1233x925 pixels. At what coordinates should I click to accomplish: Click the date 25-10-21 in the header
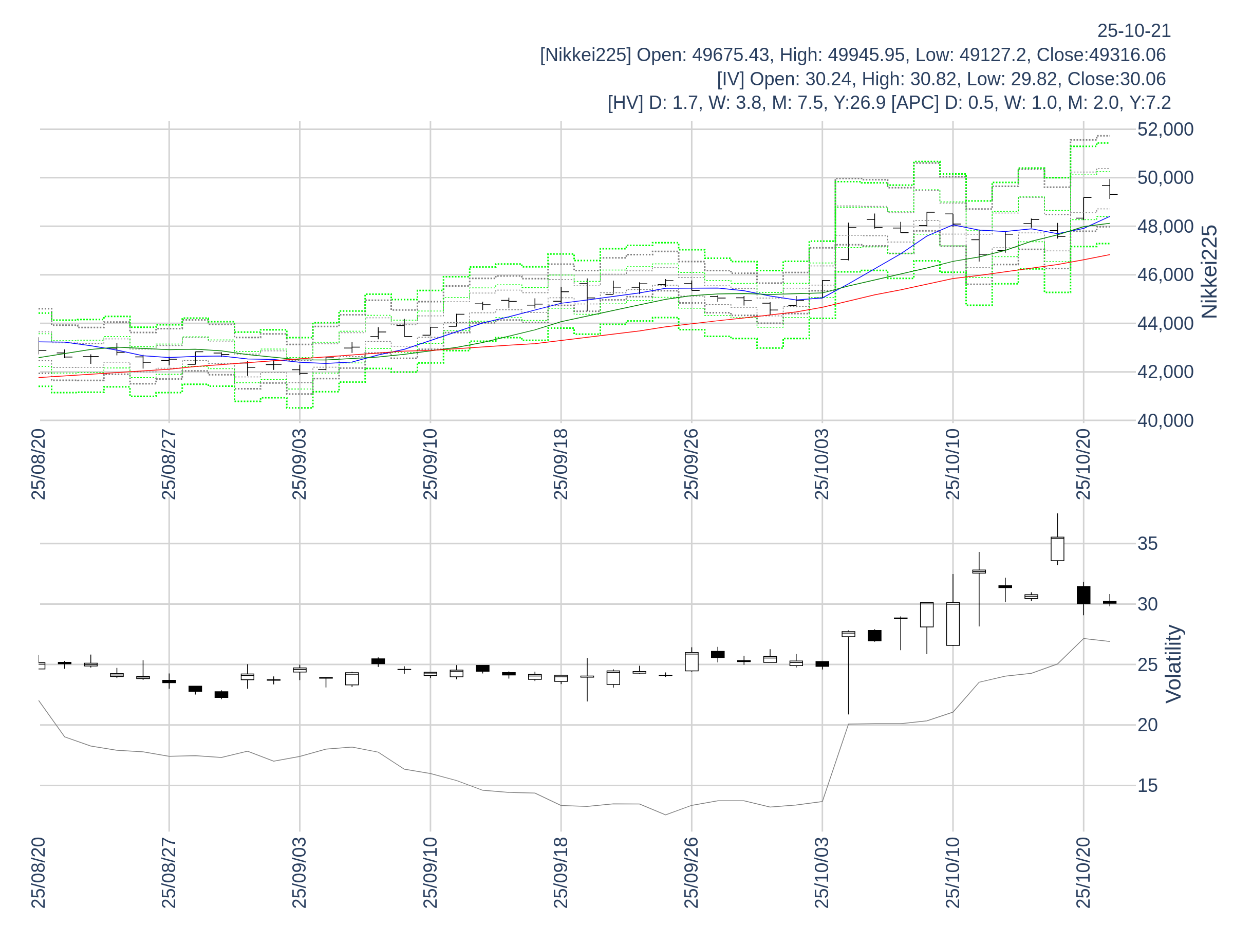1134,31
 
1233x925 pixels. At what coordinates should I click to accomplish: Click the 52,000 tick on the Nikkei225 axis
1165,129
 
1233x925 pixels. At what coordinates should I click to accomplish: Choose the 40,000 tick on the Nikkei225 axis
1165,421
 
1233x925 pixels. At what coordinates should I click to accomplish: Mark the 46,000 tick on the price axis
1165,275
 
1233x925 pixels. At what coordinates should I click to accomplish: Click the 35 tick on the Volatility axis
1147,544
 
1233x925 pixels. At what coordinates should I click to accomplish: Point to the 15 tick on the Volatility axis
1147,786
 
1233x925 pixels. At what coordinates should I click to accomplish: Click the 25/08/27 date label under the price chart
169,465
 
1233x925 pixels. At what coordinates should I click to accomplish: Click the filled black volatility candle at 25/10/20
1083,595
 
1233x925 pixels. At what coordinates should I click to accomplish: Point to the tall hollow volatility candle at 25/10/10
952,624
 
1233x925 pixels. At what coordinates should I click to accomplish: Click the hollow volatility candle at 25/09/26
691,662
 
